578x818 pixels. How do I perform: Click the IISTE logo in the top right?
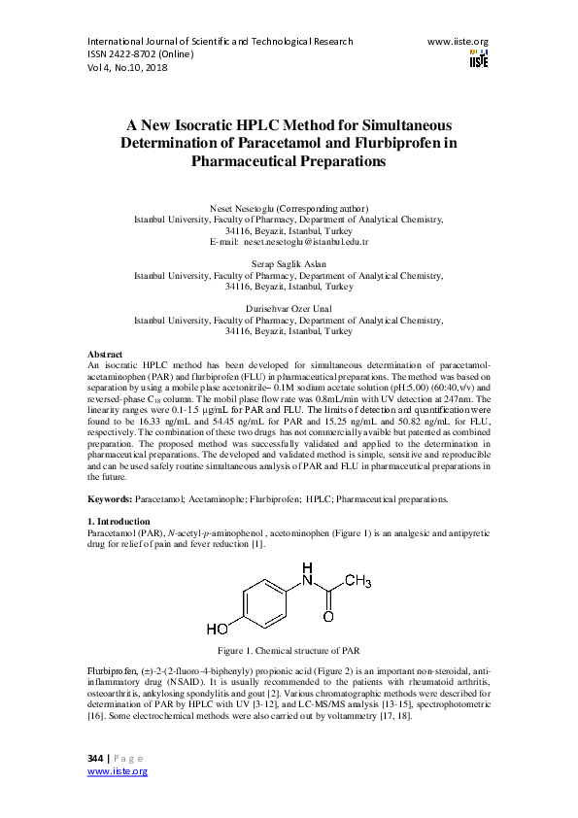(478, 57)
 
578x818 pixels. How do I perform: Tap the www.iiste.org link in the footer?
(118, 770)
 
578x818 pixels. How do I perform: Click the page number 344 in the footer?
(95, 757)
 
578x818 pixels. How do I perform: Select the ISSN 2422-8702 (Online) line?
(141, 54)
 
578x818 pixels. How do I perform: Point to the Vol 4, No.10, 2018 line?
(127, 68)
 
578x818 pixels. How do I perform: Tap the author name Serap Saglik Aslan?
(289, 264)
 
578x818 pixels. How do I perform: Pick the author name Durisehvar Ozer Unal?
(289, 309)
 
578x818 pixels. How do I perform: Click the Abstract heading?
(105, 355)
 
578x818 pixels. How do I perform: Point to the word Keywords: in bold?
(110, 498)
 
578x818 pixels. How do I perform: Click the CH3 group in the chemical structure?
(356, 582)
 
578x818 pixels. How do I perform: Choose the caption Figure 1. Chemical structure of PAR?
(289, 649)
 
